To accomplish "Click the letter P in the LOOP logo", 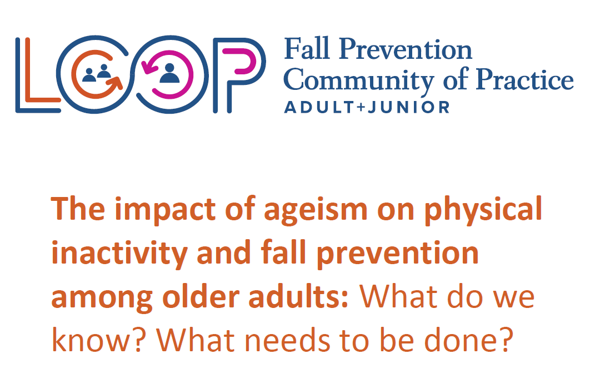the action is (x=217, y=76).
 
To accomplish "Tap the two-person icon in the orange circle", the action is (x=96, y=73).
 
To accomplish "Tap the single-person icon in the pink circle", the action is (x=169, y=73).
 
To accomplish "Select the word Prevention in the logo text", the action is (x=405, y=49).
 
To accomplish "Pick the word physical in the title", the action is (x=483, y=210).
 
